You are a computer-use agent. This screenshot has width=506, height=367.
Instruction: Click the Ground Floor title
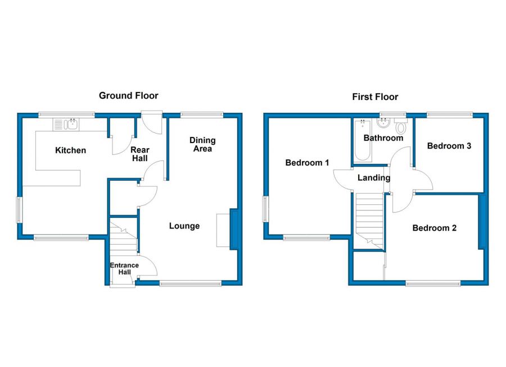tap(129, 96)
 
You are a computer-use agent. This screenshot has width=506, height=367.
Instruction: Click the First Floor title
tap(375, 97)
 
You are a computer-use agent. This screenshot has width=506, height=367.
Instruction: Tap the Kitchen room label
tap(70, 150)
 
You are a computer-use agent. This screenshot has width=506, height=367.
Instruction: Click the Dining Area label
tap(202, 144)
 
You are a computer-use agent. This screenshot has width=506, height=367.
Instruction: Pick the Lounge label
tap(184, 226)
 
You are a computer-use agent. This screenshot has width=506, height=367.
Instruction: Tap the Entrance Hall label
tap(124, 269)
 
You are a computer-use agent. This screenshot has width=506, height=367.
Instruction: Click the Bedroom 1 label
tap(307, 163)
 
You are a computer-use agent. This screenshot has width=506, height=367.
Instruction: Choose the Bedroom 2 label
tap(434, 228)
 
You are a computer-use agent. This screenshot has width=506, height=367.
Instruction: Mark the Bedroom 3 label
tap(449, 146)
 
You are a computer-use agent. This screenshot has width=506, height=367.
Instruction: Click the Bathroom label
tap(383, 138)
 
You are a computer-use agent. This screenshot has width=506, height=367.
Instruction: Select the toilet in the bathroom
tap(400, 126)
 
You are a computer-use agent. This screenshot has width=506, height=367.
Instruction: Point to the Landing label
tap(374, 178)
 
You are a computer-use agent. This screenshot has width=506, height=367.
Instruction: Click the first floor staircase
tap(369, 219)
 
